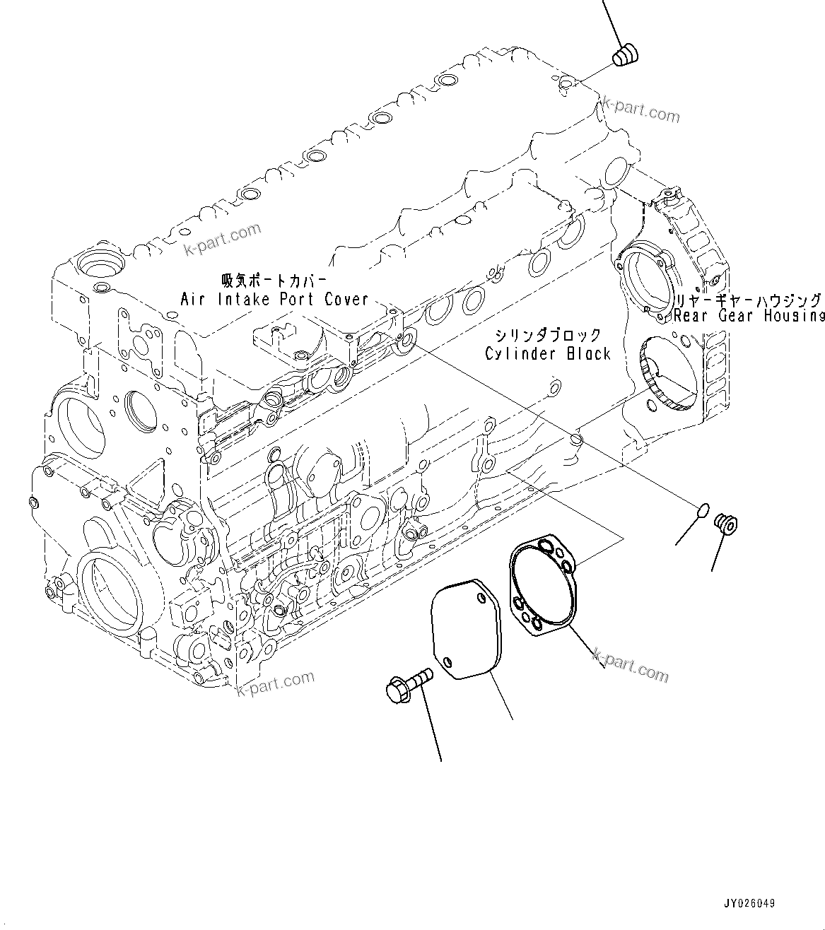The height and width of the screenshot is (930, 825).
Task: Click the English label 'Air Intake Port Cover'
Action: click(274, 299)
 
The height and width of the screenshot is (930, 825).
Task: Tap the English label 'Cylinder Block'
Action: click(547, 353)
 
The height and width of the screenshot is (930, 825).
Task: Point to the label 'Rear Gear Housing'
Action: click(749, 316)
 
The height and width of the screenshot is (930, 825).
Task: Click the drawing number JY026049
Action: click(749, 903)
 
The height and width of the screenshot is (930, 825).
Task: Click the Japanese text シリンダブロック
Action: click(547, 335)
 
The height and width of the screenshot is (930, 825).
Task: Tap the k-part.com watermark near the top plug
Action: click(640, 110)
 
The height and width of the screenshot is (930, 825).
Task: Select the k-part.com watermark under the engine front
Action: click(276, 682)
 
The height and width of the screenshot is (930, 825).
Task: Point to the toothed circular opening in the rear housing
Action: click(668, 372)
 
